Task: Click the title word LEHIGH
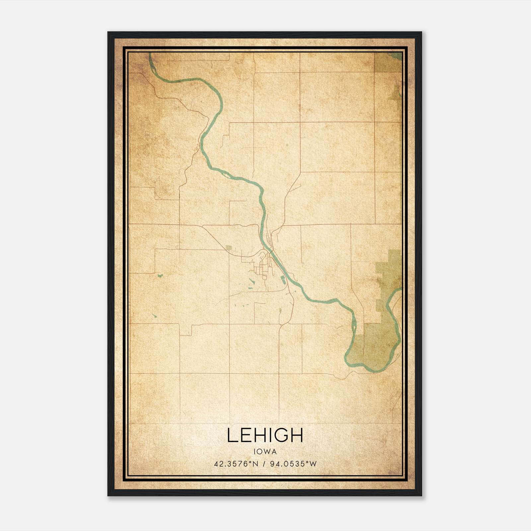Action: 265,435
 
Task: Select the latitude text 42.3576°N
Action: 236,464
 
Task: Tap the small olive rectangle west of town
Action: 228,248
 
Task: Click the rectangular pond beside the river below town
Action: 284,279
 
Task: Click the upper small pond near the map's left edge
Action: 160,275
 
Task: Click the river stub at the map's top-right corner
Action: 397,56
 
